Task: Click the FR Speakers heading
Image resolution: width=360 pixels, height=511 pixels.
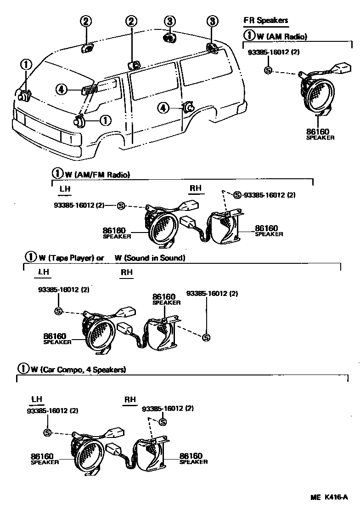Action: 266,20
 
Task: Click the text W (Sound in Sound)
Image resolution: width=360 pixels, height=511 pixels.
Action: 150,258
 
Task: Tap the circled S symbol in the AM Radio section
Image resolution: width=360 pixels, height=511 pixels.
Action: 269,70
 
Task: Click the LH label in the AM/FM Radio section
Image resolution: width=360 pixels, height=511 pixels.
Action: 65,188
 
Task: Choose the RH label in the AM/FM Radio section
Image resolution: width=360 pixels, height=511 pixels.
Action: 196,188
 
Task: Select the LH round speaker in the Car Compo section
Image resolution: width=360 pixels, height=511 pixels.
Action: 87,454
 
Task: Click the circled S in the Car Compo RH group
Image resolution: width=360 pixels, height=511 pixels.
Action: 162,422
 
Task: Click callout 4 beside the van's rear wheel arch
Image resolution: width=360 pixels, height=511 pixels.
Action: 163,108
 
